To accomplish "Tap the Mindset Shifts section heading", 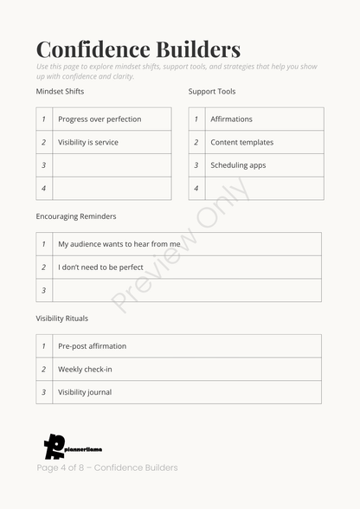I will click(x=60, y=91).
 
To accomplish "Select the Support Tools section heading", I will click(x=212, y=91).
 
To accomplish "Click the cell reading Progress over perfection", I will click(x=100, y=119).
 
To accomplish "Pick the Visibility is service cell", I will click(x=88, y=142).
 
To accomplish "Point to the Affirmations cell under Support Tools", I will click(x=231, y=119).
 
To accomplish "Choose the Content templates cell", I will click(x=241, y=142).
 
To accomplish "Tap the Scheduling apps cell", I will click(x=238, y=165).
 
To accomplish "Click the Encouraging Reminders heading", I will click(x=76, y=216).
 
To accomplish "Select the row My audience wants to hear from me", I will click(x=119, y=244).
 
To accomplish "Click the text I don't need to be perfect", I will click(x=100, y=267).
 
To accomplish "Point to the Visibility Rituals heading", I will click(x=62, y=319).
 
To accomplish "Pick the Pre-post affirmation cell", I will click(x=92, y=346).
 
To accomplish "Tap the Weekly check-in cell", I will click(x=85, y=370).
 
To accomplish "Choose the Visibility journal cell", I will click(x=85, y=392).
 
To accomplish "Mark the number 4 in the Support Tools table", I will click(x=196, y=188).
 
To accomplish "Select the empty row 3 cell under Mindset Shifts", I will click(x=112, y=165).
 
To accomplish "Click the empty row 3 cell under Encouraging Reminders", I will click(x=187, y=290).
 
